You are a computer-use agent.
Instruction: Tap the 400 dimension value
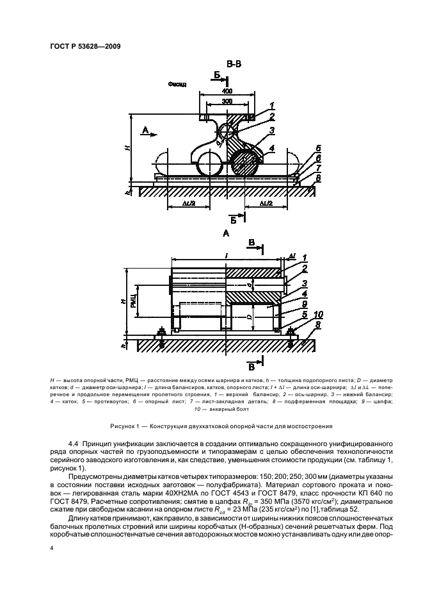point(227,91)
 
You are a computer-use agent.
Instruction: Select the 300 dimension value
point(227,101)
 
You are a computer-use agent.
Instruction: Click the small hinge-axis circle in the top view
point(228,132)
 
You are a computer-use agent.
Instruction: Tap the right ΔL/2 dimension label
point(268,203)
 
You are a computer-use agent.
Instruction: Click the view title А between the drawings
point(226,235)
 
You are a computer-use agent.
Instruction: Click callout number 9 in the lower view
point(287,304)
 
